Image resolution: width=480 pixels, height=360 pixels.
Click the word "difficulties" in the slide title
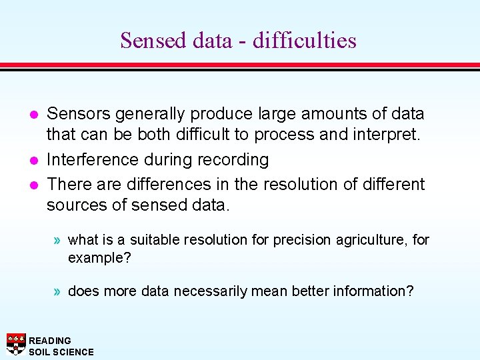pyautogui.click(x=304, y=41)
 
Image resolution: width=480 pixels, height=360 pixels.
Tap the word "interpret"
pyautogui.click(x=385, y=135)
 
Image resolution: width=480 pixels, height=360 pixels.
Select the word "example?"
pyautogui.click(x=99, y=257)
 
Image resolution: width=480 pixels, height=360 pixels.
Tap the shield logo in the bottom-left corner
pyautogui.click(x=16, y=343)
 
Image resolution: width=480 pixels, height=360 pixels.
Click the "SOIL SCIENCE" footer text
pyautogui.click(x=61, y=352)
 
